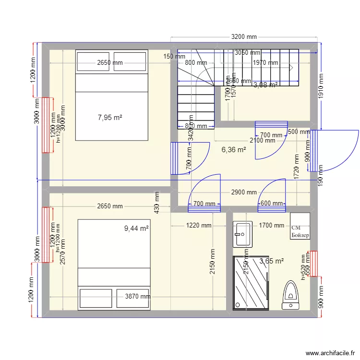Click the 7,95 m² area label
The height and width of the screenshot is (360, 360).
point(110,117)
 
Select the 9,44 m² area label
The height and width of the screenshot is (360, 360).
point(136,228)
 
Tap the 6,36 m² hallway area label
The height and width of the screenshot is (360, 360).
point(233,149)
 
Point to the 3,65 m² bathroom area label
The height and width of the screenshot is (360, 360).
point(272,261)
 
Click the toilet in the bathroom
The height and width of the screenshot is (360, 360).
point(290,294)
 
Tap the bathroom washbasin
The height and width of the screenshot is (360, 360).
point(242,234)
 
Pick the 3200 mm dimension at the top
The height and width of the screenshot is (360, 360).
point(244,36)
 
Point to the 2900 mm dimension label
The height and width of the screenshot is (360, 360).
point(243,192)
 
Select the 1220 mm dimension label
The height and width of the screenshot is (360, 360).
point(199,225)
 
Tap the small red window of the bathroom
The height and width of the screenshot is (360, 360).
point(314,264)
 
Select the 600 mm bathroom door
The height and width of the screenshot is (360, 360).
point(272,204)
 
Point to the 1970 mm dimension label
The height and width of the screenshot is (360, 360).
point(266,63)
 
